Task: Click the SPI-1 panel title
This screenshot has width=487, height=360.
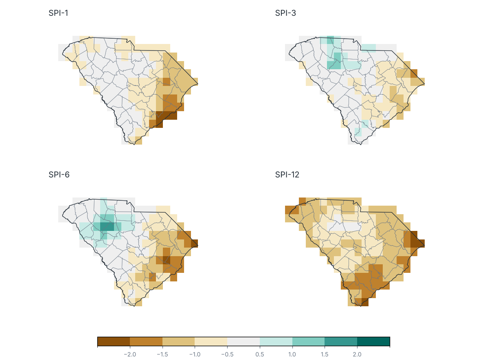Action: pyautogui.click(x=58, y=13)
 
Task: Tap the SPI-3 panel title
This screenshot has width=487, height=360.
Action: pyautogui.click(x=285, y=13)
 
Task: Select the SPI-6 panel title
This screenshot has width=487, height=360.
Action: pyautogui.click(x=59, y=175)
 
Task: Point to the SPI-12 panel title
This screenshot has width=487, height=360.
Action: pyautogui.click(x=287, y=175)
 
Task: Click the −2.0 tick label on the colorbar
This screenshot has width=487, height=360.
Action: pyautogui.click(x=130, y=354)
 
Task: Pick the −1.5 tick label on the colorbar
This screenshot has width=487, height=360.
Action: pyautogui.click(x=162, y=354)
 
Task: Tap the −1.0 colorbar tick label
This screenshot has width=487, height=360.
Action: pyautogui.click(x=195, y=354)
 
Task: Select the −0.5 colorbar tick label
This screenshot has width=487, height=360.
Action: pyautogui.click(x=227, y=354)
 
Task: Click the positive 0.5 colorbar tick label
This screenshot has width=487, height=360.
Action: pyautogui.click(x=260, y=354)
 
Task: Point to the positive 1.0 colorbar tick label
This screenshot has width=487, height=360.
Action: pyautogui.click(x=292, y=354)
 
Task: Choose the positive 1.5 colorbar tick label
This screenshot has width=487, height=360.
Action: pyautogui.click(x=325, y=354)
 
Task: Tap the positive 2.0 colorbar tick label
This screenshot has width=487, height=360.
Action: pyautogui.click(x=357, y=354)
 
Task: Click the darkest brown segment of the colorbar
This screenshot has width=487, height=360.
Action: pyautogui.click(x=114, y=341)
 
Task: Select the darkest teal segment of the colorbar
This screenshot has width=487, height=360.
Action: pyautogui.click(x=373, y=341)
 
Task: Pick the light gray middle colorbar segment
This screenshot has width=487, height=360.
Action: pyautogui.click(x=243, y=341)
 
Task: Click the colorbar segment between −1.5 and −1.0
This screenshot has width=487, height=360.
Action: pyautogui.click(x=179, y=341)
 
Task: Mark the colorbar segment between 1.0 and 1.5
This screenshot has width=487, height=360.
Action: pyautogui.click(x=308, y=341)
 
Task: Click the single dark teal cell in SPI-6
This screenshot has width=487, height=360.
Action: pyautogui.click(x=107, y=226)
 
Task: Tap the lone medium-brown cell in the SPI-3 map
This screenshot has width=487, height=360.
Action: pyautogui.click(x=414, y=74)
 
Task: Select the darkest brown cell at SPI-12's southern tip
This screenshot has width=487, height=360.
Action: pyautogui.click(x=365, y=302)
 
